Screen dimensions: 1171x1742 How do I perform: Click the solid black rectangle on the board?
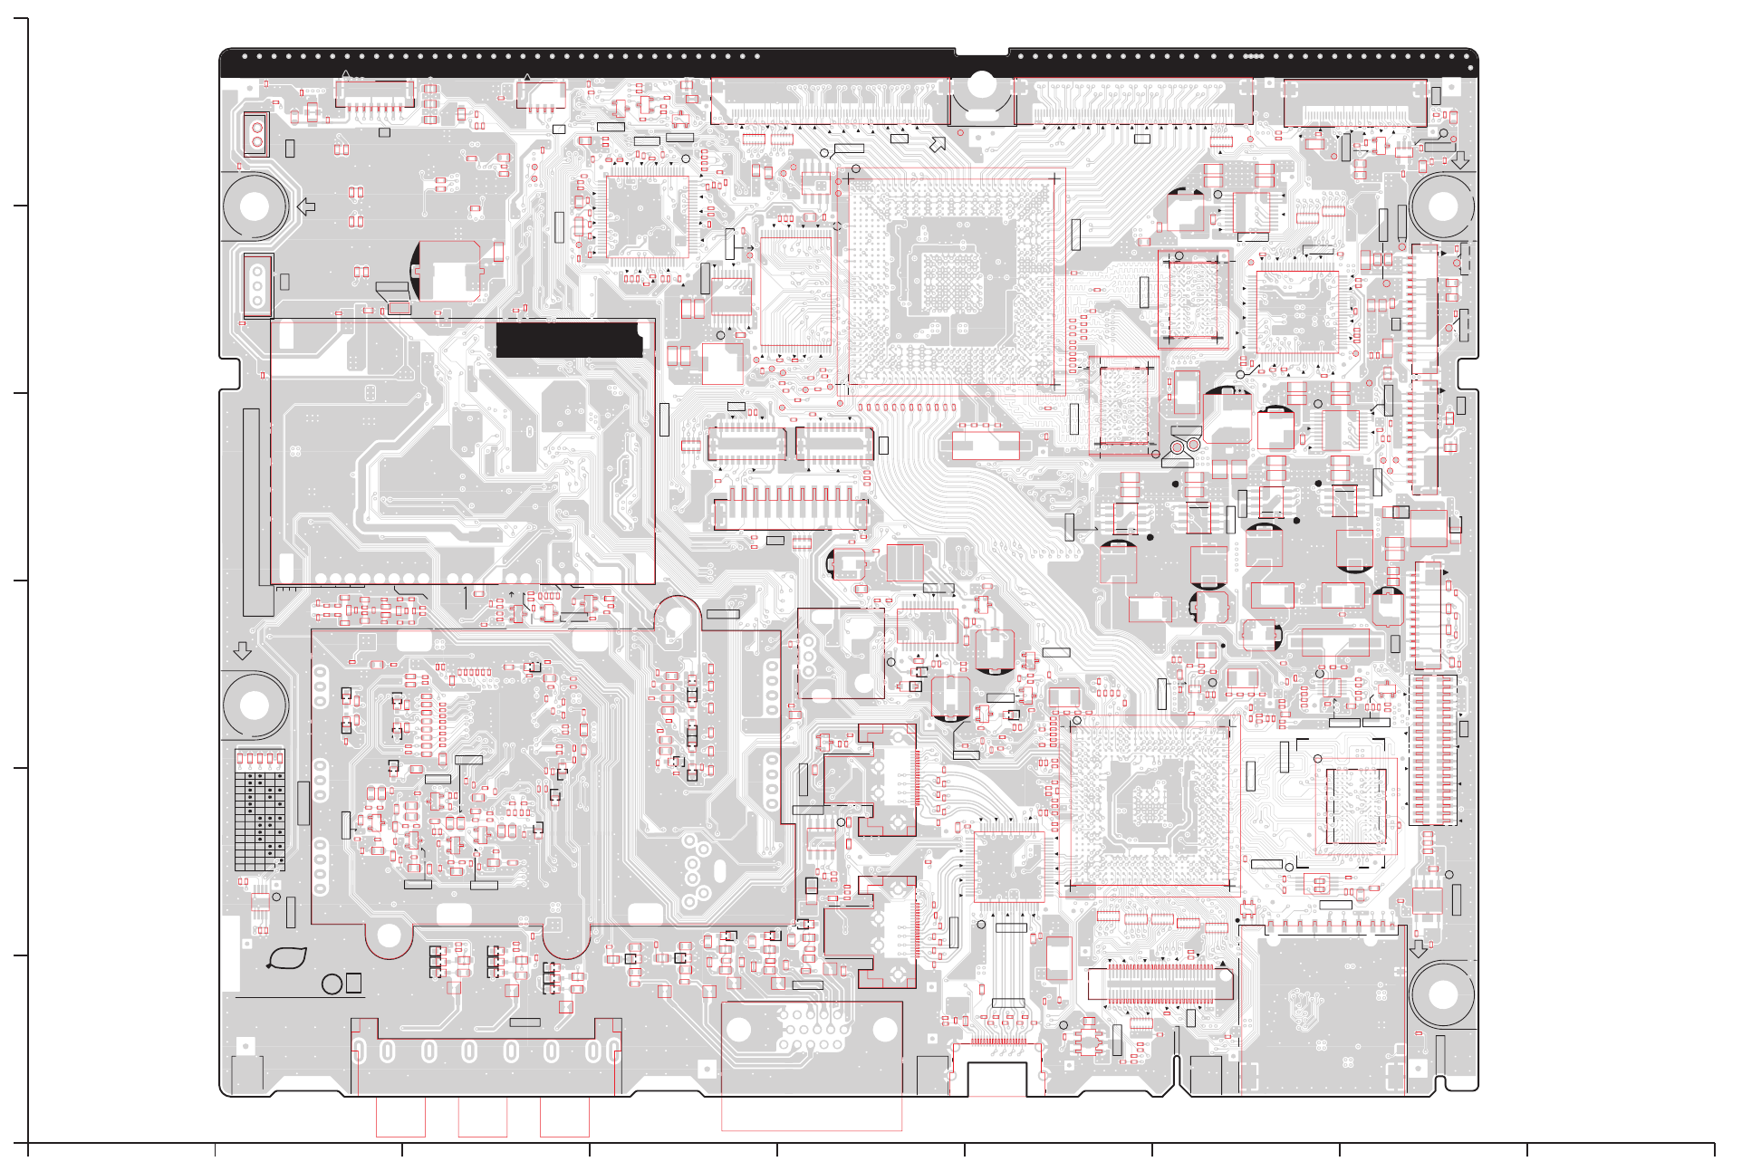(570, 339)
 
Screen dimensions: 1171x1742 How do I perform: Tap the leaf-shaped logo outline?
(287, 958)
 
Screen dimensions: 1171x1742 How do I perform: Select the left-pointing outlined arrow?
(306, 206)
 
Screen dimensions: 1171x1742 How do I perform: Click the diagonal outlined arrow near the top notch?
(938, 144)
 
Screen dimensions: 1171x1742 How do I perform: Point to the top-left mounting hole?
(255, 206)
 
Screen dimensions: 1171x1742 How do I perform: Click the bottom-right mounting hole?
(1442, 993)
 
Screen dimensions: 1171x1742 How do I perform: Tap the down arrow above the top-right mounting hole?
(1460, 159)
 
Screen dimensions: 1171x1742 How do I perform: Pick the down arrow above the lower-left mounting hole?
(242, 650)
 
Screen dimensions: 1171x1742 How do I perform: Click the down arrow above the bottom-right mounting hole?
(1419, 948)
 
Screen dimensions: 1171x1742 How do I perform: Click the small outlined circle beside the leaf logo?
(332, 984)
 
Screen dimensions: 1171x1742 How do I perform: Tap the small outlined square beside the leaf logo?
(353, 983)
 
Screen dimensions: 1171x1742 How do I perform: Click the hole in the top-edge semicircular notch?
(981, 85)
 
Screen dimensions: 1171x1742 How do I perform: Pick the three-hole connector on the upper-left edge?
(257, 285)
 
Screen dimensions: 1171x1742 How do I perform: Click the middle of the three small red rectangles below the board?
(482, 1117)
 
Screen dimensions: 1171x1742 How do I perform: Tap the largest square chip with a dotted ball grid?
(949, 281)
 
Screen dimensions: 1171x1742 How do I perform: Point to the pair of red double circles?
(1185, 446)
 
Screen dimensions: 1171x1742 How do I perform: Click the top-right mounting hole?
(1442, 206)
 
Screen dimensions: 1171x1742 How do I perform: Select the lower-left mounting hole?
(255, 705)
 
